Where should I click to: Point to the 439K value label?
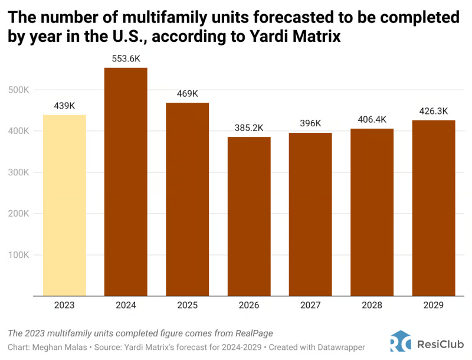point(64,106)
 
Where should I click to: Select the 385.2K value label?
point(249,128)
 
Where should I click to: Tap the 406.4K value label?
point(372,119)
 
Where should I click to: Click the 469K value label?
point(187,93)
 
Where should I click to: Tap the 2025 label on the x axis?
point(187,305)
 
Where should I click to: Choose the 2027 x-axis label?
point(310,305)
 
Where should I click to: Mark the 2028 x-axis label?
point(372,305)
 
